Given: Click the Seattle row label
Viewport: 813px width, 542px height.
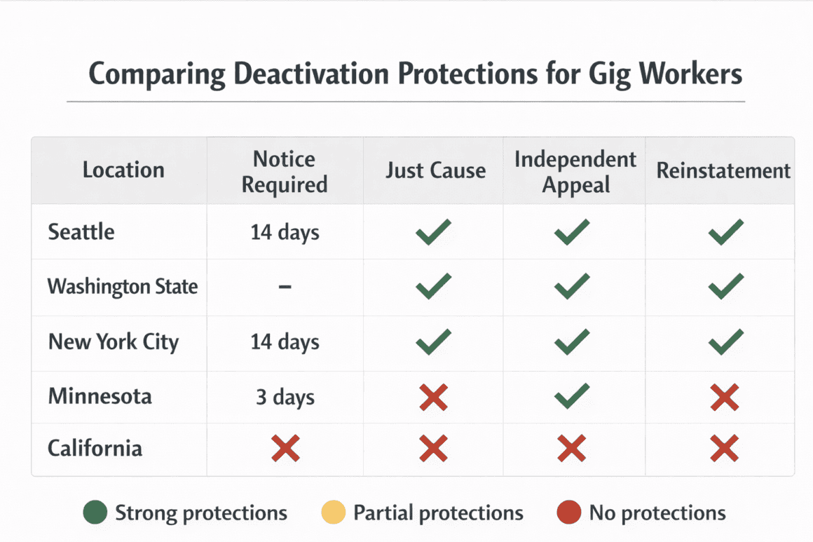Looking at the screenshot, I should coord(81,231).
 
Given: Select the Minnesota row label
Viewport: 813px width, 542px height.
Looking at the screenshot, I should coord(100,396).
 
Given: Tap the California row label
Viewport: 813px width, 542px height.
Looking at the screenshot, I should coord(95,448).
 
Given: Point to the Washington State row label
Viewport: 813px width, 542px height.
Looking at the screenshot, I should coord(123,286).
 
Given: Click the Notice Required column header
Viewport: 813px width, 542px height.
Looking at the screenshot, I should coord(285,171).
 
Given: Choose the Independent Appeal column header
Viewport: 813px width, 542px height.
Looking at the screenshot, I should coord(575,171).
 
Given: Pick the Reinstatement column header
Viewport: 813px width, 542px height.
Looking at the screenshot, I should coord(723,170).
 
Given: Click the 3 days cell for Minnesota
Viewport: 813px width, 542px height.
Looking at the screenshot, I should coord(285,397).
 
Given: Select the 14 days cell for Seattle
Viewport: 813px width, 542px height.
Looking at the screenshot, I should coord(285,232).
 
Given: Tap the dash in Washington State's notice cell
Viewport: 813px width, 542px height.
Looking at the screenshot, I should coord(285,286).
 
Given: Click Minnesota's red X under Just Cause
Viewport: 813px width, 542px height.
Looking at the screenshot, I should coord(433,397).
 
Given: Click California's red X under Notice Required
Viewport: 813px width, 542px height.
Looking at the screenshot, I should coord(285,448).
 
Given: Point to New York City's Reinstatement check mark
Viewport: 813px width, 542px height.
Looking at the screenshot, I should coord(725,342).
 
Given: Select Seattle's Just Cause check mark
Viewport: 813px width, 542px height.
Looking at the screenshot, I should coord(433,231).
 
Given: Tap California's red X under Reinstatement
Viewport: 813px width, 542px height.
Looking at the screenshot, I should coord(724,448).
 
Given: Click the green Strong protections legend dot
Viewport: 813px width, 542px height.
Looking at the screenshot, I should coord(95,513).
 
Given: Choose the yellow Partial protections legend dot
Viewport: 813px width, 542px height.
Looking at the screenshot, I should coord(334,513).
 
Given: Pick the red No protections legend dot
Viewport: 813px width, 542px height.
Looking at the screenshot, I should coord(569,513).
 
